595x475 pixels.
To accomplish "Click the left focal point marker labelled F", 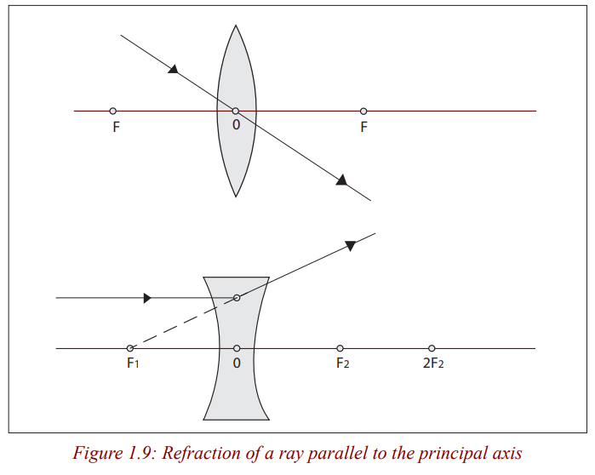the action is coord(112,112).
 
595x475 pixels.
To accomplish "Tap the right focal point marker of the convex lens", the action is coord(363,112).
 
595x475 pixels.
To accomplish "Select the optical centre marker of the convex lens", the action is coord(236,112).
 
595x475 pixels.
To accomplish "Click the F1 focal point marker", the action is coord(129,348).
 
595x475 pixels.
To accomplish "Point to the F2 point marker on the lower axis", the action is coord(340,348).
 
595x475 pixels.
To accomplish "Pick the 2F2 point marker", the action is coord(432,348).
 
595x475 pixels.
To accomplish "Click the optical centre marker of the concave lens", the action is coord(237,348).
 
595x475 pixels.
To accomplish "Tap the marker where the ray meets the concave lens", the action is coord(237,298).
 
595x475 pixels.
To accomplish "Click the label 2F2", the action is coord(433,363).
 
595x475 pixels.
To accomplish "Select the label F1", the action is coord(133,363).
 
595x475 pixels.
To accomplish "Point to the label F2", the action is coord(343,363).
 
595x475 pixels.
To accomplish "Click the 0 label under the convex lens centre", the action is coord(236,125).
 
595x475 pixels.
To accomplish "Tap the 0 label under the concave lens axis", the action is coord(237,363).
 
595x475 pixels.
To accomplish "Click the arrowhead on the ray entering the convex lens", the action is coord(174,69).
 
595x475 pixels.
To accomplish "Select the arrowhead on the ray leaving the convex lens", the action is coord(342,180).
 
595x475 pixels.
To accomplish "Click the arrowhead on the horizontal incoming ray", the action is coord(147,298).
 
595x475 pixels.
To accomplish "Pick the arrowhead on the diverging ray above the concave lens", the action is coord(350,245).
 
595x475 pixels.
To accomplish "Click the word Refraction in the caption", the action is coord(200,454).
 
